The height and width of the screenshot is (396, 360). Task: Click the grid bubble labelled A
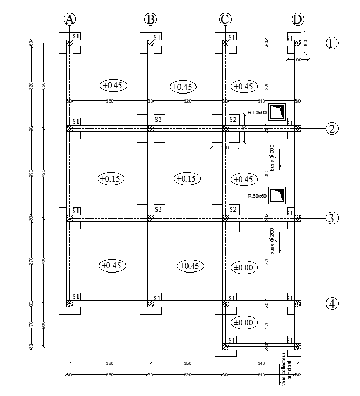[69, 19]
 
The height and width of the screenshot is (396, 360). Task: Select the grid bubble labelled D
[298, 19]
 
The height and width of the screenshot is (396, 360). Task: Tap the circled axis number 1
[332, 43]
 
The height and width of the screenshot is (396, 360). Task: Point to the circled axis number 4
[332, 304]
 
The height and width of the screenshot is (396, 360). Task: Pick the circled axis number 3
[332, 218]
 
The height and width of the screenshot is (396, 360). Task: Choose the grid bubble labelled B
[151, 19]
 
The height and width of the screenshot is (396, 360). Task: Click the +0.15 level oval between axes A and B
[111, 179]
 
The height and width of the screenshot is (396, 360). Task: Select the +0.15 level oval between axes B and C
[187, 179]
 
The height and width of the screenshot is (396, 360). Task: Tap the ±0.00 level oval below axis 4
[243, 323]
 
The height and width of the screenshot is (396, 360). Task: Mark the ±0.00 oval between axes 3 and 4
[243, 267]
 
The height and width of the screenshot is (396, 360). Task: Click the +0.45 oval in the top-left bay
[113, 85]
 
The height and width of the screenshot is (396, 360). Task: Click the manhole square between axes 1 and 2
[277, 112]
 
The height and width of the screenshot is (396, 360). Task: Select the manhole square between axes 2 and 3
[277, 196]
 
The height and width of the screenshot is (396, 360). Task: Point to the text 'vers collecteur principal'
[281, 369]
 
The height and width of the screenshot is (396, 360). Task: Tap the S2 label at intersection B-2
[158, 120]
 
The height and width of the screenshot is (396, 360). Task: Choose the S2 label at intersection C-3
[233, 209]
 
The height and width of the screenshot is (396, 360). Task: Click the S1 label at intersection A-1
[76, 36]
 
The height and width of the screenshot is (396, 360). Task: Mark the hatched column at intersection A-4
[69, 304]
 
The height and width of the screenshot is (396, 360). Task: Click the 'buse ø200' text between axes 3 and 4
[272, 240]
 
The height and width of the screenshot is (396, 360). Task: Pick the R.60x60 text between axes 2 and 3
[257, 196]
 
